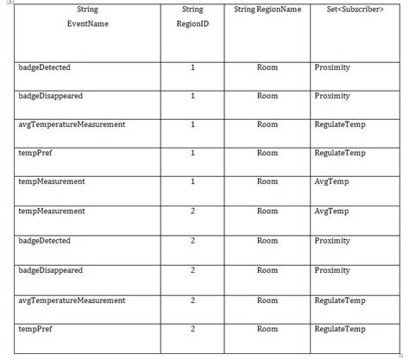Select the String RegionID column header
192,16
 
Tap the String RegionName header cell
267,9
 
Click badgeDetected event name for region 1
44,67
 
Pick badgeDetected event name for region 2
44,240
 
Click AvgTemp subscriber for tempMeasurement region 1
330,182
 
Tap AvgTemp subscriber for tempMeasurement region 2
330,212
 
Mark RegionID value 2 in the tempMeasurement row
192,212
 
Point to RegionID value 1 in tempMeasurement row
192,182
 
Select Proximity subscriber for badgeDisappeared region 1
332,96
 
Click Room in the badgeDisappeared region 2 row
267,270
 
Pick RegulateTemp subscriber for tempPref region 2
339,329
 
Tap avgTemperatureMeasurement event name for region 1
72,124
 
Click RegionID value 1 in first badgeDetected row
192,67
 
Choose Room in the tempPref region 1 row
267,153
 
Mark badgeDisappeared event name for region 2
50,270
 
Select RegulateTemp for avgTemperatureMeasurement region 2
339,300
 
